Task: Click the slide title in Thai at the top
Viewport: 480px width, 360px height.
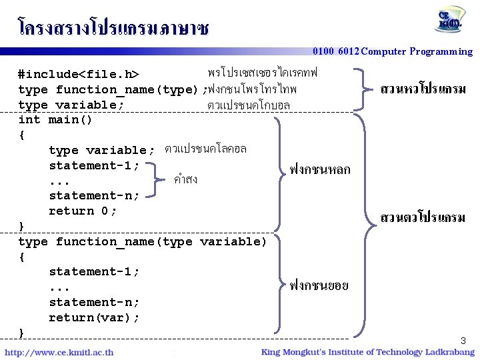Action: point(113,27)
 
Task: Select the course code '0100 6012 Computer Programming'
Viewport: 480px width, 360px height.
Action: point(393,51)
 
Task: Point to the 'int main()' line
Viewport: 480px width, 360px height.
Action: point(55,120)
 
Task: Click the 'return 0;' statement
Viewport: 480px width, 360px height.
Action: point(83,211)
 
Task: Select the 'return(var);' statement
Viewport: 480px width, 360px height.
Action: point(94,317)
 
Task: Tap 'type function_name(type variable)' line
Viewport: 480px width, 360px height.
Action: point(142,241)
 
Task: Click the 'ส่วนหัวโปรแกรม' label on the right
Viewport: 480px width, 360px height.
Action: point(423,89)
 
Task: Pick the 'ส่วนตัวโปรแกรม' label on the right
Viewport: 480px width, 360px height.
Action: point(423,217)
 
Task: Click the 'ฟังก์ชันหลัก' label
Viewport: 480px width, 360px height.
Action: point(319,170)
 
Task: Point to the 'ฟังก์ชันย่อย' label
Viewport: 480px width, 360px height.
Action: point(319,286)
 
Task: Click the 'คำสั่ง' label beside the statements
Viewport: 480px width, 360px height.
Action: point(185,179)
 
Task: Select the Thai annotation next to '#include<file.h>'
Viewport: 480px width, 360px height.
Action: point(263,71)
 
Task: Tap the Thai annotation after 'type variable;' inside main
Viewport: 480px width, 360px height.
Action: point(205,149)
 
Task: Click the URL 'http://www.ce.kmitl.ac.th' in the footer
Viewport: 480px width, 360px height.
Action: point(59,352)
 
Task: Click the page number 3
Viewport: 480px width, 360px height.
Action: point(463,341)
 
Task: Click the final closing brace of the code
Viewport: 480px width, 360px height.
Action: point(22,332)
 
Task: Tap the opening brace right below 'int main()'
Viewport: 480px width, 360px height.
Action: point(22,135)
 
